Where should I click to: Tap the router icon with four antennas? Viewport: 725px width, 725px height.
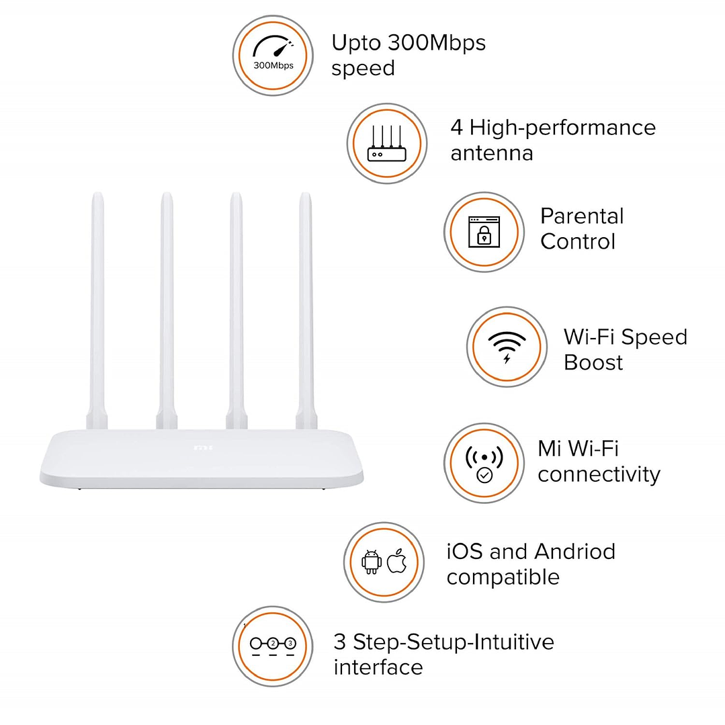387,144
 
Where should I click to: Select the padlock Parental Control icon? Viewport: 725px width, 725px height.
484,232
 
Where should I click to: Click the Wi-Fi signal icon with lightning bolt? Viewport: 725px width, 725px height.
507,346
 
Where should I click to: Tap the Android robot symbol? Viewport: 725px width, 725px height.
372,562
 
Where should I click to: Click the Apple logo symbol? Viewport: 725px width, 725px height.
397,561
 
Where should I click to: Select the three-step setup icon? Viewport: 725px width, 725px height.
272,644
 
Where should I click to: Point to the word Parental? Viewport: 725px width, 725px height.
582,216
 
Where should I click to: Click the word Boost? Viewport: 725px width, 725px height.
593,363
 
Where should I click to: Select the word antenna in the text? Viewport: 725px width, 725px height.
492,153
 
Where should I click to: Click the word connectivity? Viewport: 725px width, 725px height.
599,474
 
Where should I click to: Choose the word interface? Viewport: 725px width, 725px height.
378,667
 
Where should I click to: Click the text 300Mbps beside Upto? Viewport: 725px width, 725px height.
437,43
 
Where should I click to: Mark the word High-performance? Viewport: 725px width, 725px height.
562,128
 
